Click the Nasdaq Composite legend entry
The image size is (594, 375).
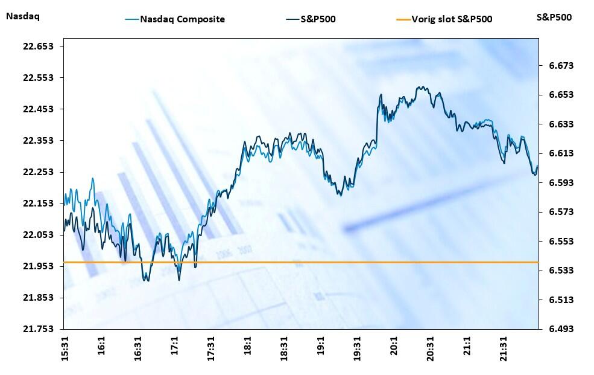coord(182,19)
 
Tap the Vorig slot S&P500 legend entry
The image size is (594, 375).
coord(452,19)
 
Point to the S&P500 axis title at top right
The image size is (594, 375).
coord(554,18)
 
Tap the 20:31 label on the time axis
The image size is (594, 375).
coord(431,350)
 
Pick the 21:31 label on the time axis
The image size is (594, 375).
coord(504,350)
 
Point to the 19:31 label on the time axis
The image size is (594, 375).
coord(358,350)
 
